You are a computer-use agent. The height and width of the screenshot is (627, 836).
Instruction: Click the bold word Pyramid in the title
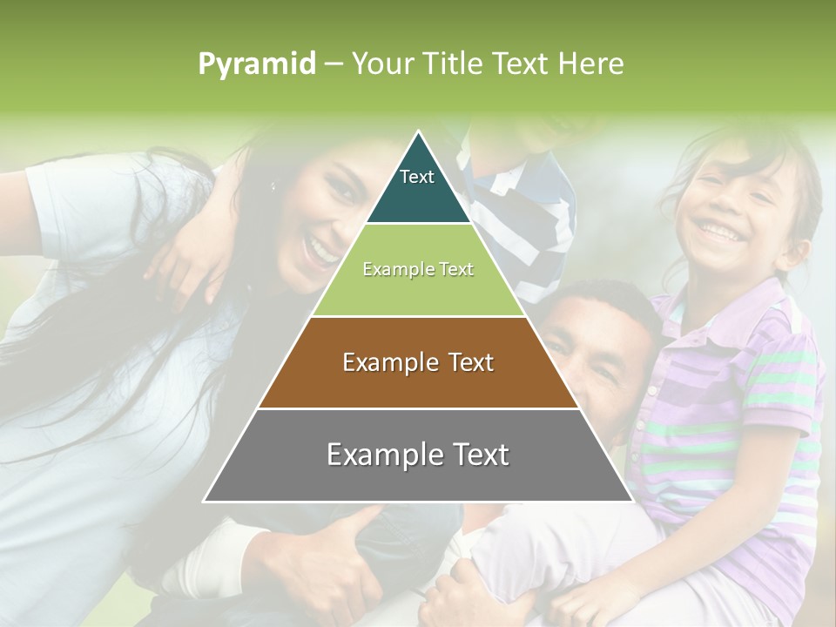point(257,64)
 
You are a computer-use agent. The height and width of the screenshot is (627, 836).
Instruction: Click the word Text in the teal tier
point(417,177)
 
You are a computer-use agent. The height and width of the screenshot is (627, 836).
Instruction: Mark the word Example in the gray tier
point(380,455)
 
